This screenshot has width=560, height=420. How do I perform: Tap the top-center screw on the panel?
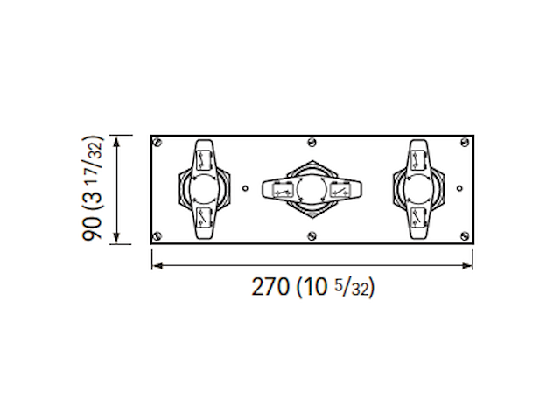[x=311, y=140]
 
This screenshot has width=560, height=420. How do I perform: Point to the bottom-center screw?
[x=311, y=234]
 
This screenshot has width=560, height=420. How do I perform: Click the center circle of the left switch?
[x=203, y=188]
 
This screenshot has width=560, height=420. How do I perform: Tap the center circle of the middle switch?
[x=311, y=189]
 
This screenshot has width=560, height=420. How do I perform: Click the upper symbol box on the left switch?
[x=203, y=160]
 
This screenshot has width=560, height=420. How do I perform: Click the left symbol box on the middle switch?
[x=281, y=189]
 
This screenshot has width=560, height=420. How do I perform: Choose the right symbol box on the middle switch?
[x=342, y=189]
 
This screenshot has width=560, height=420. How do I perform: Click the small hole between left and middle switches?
[x=247, y=187]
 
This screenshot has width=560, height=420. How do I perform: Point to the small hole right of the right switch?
[x=461, y=187]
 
